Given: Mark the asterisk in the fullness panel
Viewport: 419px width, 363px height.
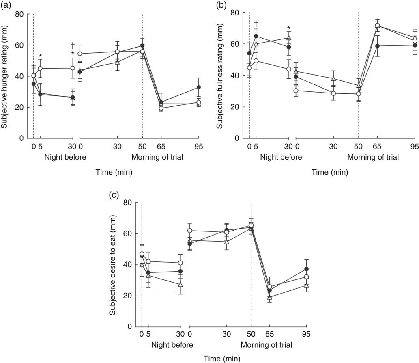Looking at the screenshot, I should pos(288,28).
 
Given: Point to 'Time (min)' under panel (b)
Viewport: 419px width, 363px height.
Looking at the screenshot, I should pos(329,172).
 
